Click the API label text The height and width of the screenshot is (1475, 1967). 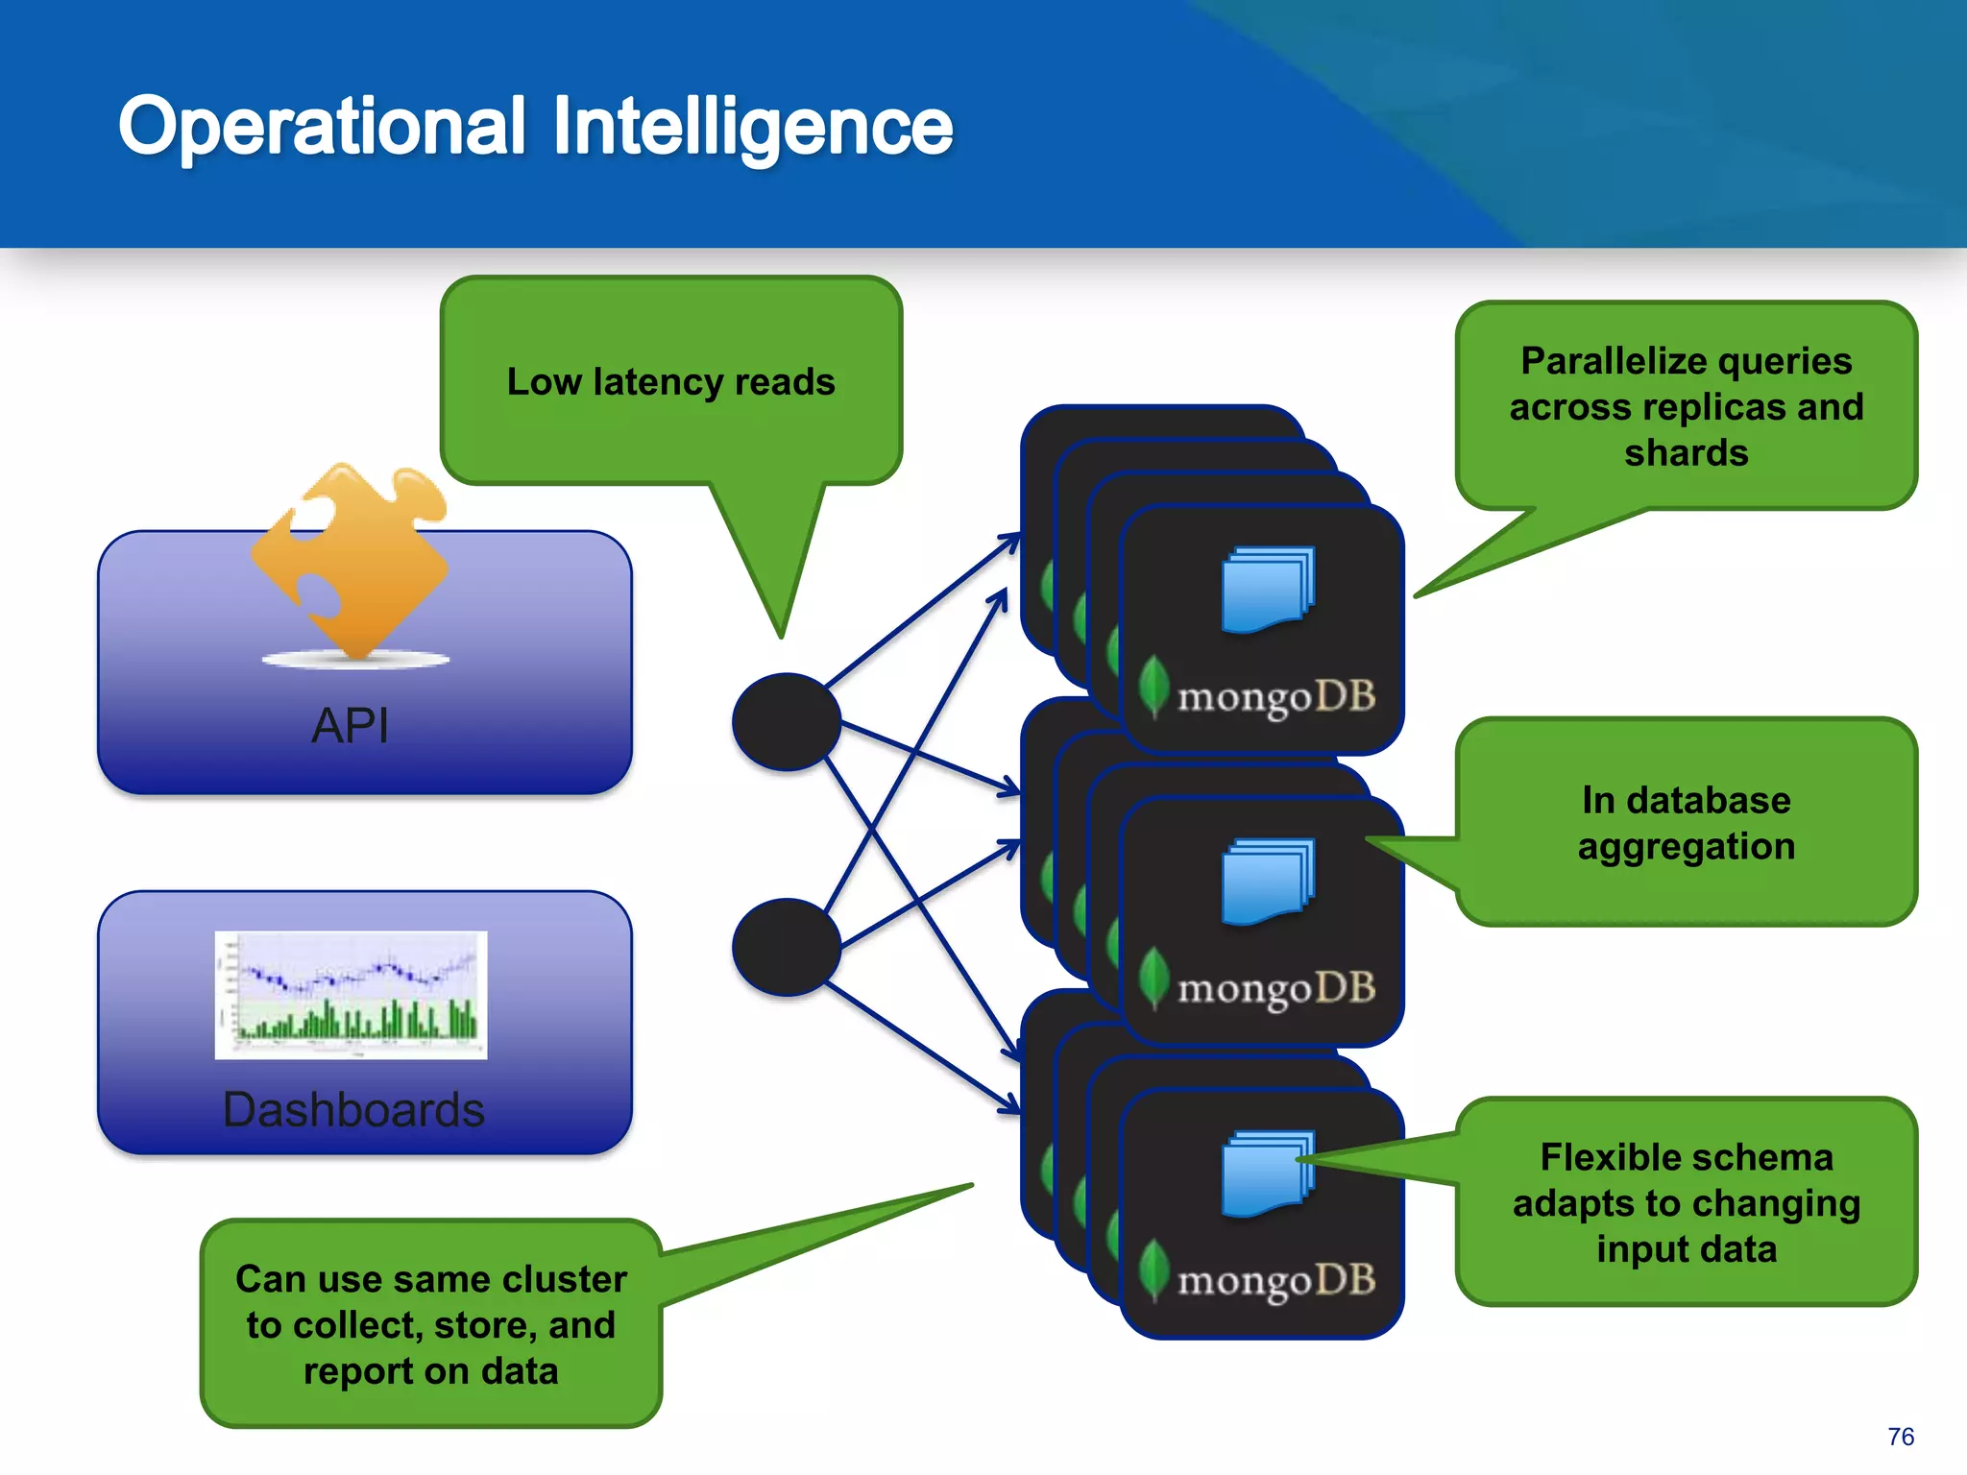(351, 725)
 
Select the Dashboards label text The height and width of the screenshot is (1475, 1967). (353, 1110)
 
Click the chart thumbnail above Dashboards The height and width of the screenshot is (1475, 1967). (351, 995)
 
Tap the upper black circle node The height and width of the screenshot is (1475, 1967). (787, 721)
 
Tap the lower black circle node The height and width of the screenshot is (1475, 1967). (787, 947)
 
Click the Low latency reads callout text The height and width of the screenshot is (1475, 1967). (670, 382)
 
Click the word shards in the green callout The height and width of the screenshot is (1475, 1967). (1686, 452)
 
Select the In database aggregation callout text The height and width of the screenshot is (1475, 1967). (1686, 823)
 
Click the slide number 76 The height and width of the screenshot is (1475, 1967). (1900, 1437)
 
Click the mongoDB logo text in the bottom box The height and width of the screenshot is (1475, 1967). (1276, 1281)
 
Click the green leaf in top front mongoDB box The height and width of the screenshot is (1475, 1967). (1153, 685)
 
